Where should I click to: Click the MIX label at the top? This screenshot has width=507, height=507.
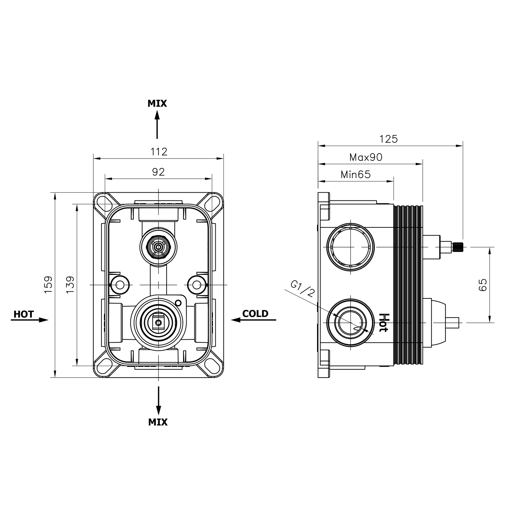157,103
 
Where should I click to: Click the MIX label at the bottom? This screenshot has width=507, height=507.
158,422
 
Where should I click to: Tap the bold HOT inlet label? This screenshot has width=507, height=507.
24,314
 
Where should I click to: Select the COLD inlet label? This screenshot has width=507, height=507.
255,314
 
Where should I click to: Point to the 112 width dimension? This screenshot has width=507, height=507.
159,152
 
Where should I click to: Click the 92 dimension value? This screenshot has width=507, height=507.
158,172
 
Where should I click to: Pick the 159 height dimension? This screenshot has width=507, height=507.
48,284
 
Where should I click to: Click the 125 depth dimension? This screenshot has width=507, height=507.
389,139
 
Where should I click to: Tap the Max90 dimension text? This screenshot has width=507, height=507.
366,157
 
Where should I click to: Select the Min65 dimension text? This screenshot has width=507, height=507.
356,174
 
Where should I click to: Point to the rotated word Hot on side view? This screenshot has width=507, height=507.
383,322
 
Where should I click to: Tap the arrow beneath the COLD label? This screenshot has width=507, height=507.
254,320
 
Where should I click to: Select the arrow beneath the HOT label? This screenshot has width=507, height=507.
30,320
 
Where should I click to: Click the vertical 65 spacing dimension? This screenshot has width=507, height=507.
483,285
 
